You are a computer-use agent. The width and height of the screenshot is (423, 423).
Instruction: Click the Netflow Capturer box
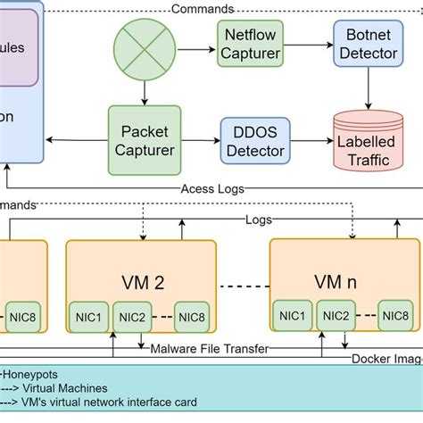[x=251, y=45]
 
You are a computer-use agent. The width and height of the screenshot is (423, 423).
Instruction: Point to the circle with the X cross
[x=143, y=46]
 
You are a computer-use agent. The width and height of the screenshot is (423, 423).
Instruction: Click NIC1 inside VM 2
[x=87, y=316]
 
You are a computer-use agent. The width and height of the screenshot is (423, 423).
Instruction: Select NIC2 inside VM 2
[x=132, y=316]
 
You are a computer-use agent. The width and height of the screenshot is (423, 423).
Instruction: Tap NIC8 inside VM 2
[x=194, y=316]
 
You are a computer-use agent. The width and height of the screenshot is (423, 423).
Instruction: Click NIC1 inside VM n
[x=293, y=315]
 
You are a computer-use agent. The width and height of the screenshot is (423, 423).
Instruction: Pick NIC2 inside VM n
[x=336, y=315]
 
